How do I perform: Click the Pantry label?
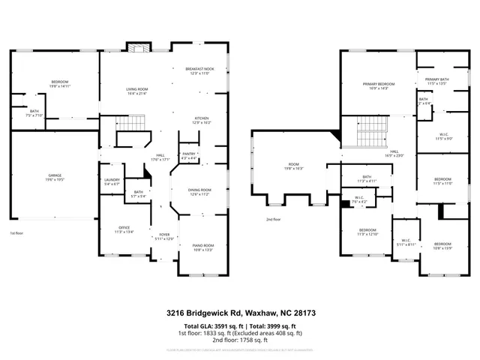pyautogui.click(x=189, y=155)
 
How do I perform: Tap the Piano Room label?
pyautogui.click(x=203, y=247)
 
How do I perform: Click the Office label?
pyautogui.click(x=124, y=229)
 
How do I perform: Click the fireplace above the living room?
pyautogui.click(x=137, y=49)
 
